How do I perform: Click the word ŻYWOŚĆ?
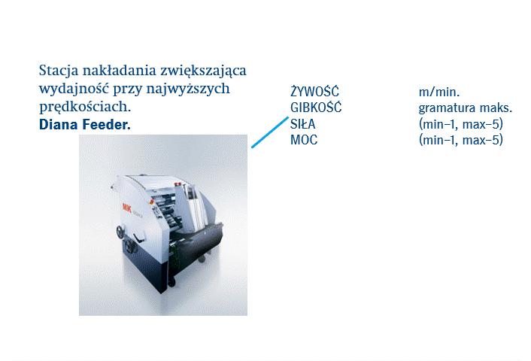pyautogui.click(x=314, y=91)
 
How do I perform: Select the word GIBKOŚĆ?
pyautogui.click(x=316, y=108)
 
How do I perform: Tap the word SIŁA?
pyautogui.click(x=303, y=124)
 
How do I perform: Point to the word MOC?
pyautogui.click(x=304, y=140)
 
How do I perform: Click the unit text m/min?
pyautogui.click(x=439, y=92)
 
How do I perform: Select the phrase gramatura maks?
pyautogui.click(x=466, y=108)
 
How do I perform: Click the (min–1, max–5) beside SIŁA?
pyautogui.click(x=461, y=124)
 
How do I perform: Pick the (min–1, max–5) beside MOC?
pyautogui.click(x=461, y=140)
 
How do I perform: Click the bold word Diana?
pyautogui.click(x=59, y=124)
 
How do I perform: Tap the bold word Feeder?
pyautogui.click(x=107, y=124)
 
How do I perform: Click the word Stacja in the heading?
pyautogui.click(x=59, y=71)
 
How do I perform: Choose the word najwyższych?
pyautogui.click(x=188, y=89)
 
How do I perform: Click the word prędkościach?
pyautogui.click(x=85, y=107)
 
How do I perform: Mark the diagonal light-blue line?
pyautogui.click(x=270, y=132)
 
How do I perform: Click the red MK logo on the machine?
pyautogui.click(x=127, y=208)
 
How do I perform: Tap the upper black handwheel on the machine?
pyautogui.click(x=120, y=232)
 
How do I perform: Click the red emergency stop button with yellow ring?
pyautogui.click(x=152, y=202)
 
